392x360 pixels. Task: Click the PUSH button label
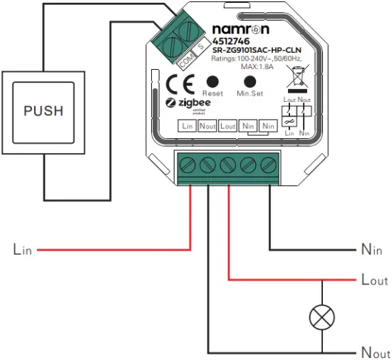point(43,111)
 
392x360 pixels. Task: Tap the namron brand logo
point(242,29)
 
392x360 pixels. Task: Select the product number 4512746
point(229,41)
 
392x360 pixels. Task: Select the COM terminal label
point(187,61)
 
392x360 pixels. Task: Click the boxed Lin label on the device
point(187,126)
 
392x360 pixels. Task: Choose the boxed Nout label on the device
point(207,126)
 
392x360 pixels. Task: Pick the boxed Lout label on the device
point(227,126)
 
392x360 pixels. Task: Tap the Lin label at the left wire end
point(22,250)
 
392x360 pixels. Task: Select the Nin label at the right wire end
point(371,250)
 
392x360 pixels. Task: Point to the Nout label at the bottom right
point(373,353)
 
